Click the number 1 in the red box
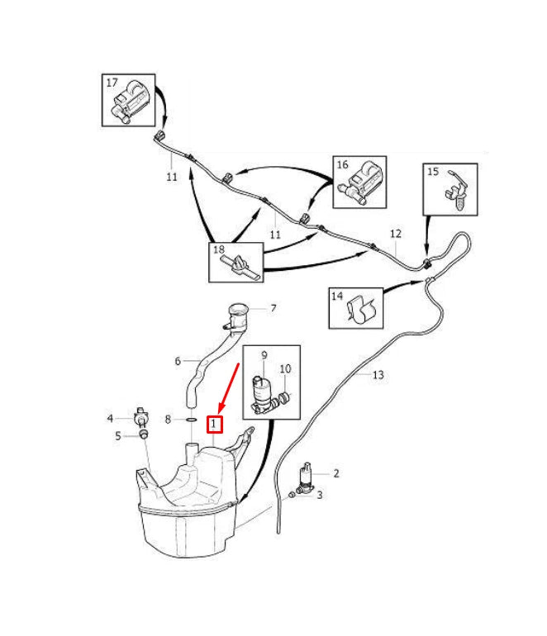tap(214, 425)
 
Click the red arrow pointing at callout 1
tap(229, 385)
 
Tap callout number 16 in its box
tap(343, 165)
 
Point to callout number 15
tap(433, 172)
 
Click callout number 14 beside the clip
tap(337, 296)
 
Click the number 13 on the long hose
tap(378, 375)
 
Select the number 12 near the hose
tap(396, 234)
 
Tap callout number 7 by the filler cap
tap(273, 308)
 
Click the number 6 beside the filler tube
tap(178, 361)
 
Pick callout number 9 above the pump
tap(264, 355)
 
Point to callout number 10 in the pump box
tap(285, 368)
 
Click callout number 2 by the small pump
tap(336, 473)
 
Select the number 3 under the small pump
tap(320, 495)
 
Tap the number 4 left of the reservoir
tap(110, 418)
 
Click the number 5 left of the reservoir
tap(118, 436)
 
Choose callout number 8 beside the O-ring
tap(168, 420)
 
